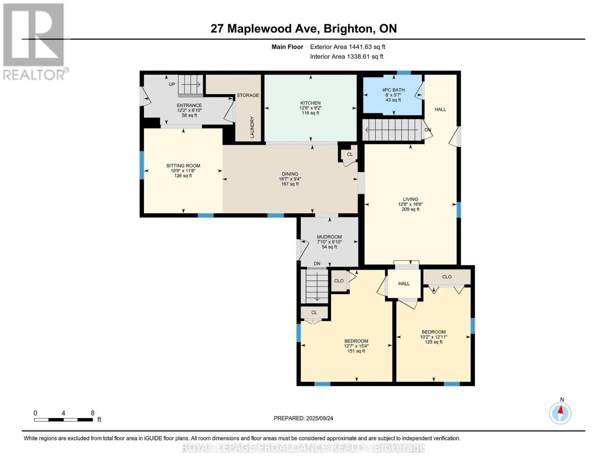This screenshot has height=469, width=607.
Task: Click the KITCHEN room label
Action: point(310,103)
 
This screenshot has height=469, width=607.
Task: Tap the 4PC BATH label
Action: point(393,90)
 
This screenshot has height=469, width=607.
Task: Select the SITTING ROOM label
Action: point(183,166)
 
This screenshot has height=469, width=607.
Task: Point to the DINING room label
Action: point(290,174)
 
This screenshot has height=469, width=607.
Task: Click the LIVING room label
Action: point(410,199)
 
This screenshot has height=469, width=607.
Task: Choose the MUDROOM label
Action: point(329,237)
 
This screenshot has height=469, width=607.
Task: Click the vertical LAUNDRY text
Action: point(252,127)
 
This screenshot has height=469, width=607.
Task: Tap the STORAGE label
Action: point(248,95)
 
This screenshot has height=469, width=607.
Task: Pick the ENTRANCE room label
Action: point(189,106)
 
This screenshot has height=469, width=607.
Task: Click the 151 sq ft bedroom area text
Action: point(356,351)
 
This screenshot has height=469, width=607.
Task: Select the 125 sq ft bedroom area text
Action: point(433,342)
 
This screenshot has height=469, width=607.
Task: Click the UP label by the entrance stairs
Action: point(172,84)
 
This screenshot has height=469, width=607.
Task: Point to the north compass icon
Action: point(560,413)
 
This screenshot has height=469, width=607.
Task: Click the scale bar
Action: point(63,420)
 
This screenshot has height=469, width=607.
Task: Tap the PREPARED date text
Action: point(303,418)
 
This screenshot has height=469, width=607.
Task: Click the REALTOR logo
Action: point(34,41)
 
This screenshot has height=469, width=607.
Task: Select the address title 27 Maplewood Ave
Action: point(303,29)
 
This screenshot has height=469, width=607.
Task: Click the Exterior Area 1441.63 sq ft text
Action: point(347,47)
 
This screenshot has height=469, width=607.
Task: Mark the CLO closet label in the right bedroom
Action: point(447,277)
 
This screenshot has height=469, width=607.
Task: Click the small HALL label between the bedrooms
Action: point(404,284)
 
